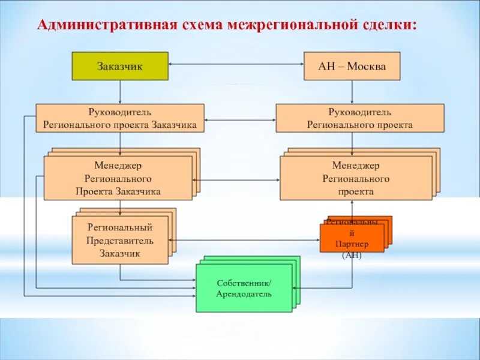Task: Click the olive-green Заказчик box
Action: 120,66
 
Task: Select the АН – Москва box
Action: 352,66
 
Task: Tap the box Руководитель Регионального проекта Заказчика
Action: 120,118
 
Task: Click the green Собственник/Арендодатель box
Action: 244,289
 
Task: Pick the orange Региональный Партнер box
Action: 352,237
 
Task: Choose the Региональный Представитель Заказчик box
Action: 120,241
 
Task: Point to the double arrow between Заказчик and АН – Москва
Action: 236,63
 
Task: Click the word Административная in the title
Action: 106,26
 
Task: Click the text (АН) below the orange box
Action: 352,255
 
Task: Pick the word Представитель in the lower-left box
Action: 120,241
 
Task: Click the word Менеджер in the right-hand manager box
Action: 356,166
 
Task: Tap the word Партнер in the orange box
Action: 352,244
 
